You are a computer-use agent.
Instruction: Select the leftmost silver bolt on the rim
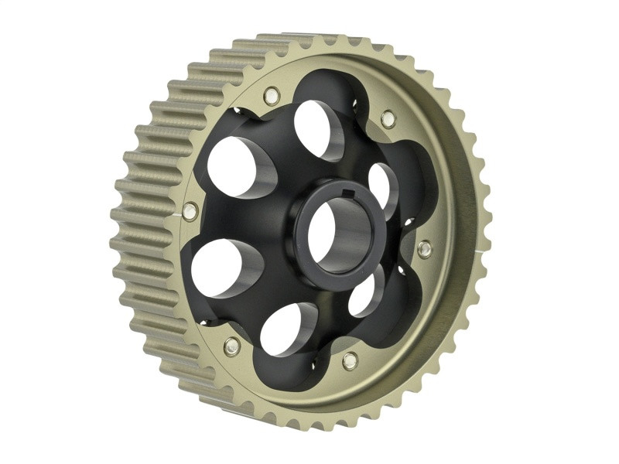tap(190, 210)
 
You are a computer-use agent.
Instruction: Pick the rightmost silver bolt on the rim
tap(425, 249)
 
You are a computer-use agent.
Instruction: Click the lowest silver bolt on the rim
tap(350, 360)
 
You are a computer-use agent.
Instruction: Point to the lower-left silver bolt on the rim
tap(231, 346)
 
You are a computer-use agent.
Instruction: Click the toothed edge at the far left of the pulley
tap(124, 232)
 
